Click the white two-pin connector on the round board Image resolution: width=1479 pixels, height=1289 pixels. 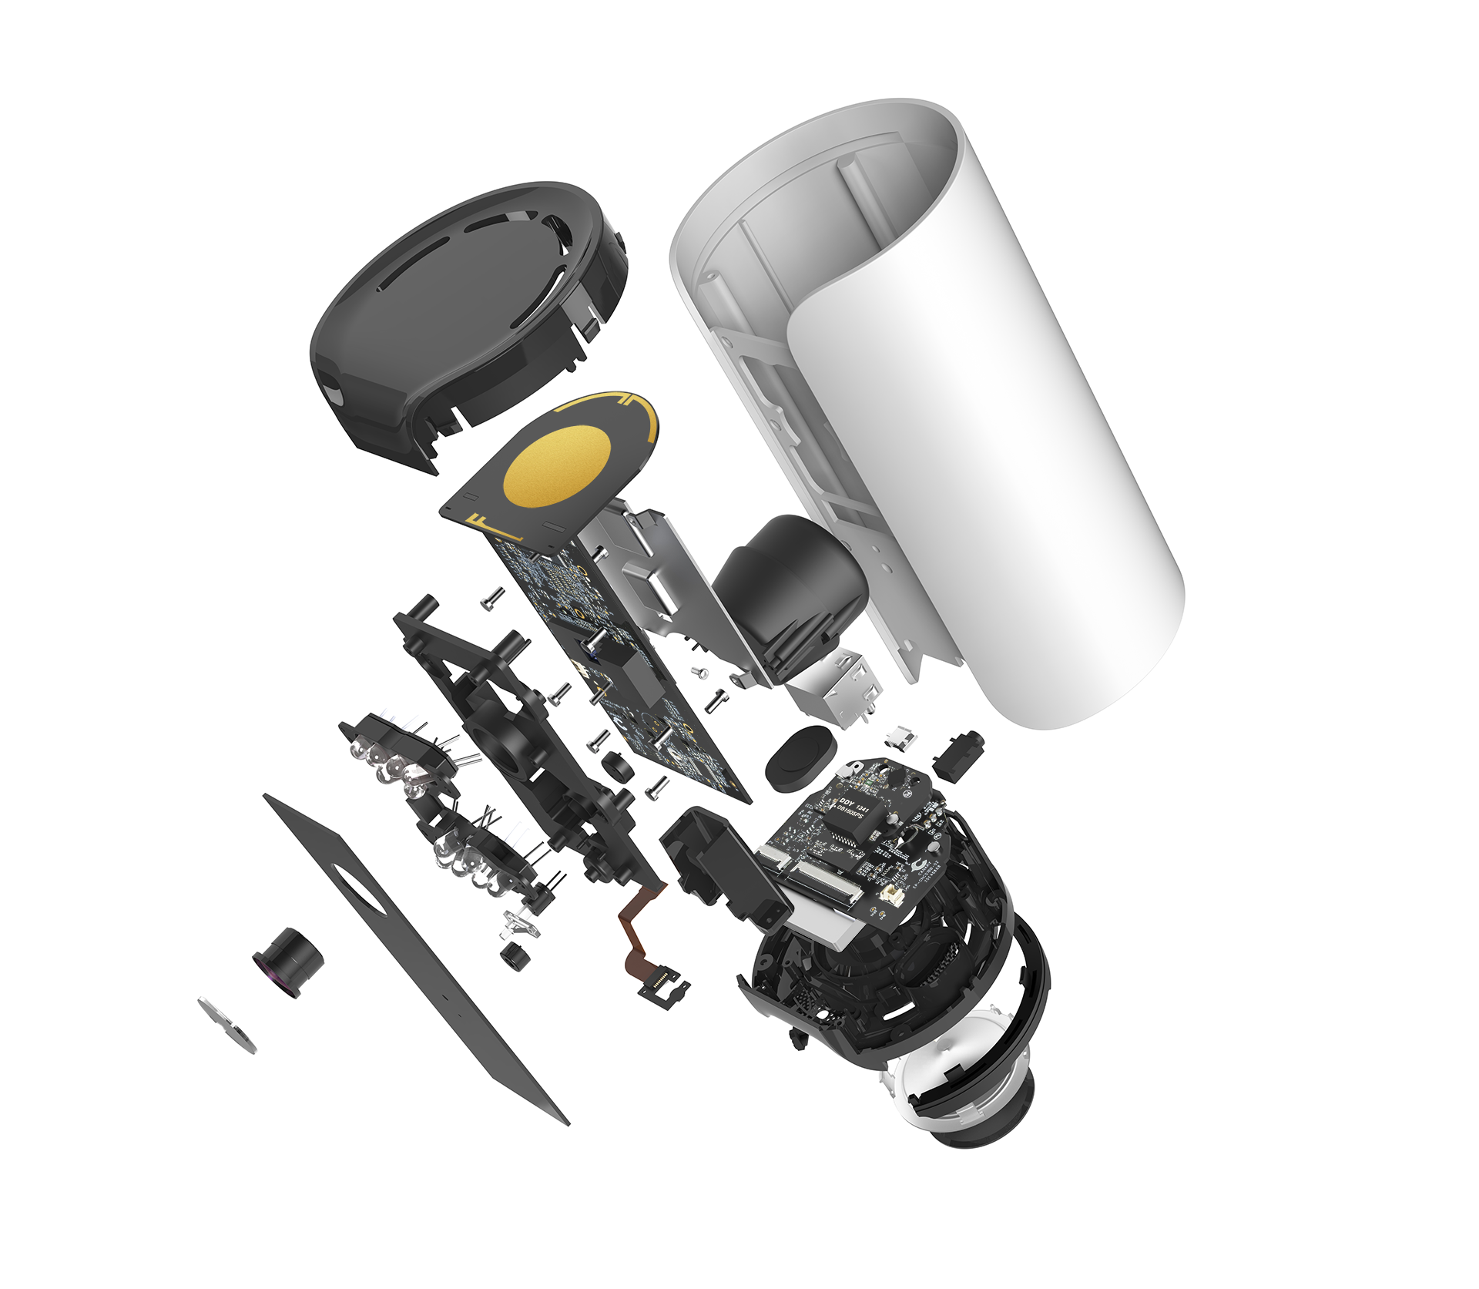[894, 895]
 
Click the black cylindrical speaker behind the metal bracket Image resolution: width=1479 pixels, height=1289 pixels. [790, 586]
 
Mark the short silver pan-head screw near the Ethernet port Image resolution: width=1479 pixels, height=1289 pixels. [701, 673]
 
